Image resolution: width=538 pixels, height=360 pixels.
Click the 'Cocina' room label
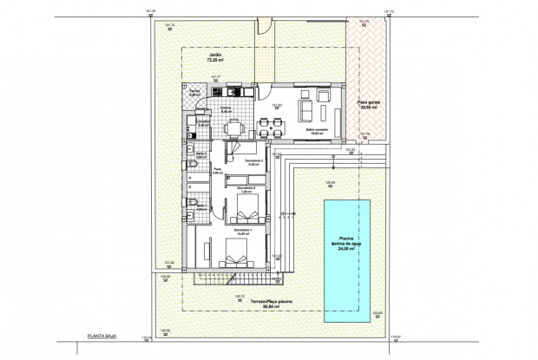tap(224, 109)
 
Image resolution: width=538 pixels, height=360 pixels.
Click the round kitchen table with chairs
tap(232, 129)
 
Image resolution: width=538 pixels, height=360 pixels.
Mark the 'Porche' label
tap(196, 93)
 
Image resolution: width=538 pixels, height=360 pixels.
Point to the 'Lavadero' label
tap(201, 123)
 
